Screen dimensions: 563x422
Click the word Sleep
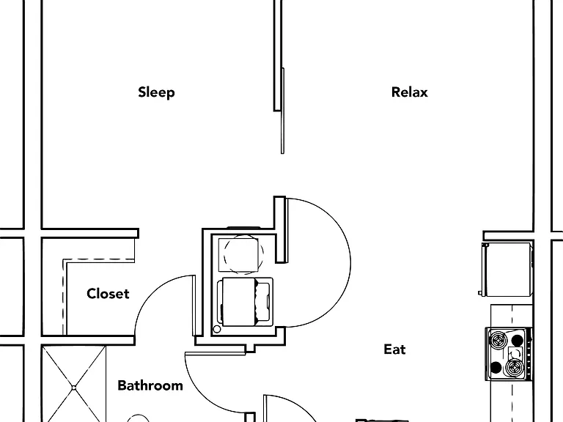click(157, 92)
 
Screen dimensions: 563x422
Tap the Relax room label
click(410, 92)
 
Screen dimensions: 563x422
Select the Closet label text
click(108, 294)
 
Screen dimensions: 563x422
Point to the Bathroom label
click(150, 385)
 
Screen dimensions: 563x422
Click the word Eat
click(394, 349)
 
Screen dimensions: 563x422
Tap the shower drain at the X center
click(73, 388)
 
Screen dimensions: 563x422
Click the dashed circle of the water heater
click(243, 254)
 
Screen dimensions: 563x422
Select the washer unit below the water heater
click(245, 302)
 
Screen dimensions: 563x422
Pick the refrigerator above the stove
click(507, 269)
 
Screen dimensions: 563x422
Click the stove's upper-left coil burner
click(498, 340)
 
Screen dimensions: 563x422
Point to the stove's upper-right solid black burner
click(517, 340)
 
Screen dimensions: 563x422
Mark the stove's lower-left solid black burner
click(496, 368)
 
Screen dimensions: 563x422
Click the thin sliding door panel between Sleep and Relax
click(282, 111)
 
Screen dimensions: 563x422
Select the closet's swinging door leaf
click(194, 306)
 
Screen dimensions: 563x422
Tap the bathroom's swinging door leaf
click(216, 354)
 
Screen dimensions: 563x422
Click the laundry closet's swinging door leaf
click(287, 230)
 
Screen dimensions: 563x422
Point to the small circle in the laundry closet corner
click(216, 329)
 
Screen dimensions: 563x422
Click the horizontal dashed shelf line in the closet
click(99, 259)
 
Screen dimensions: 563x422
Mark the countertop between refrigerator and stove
click(511, 316)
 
